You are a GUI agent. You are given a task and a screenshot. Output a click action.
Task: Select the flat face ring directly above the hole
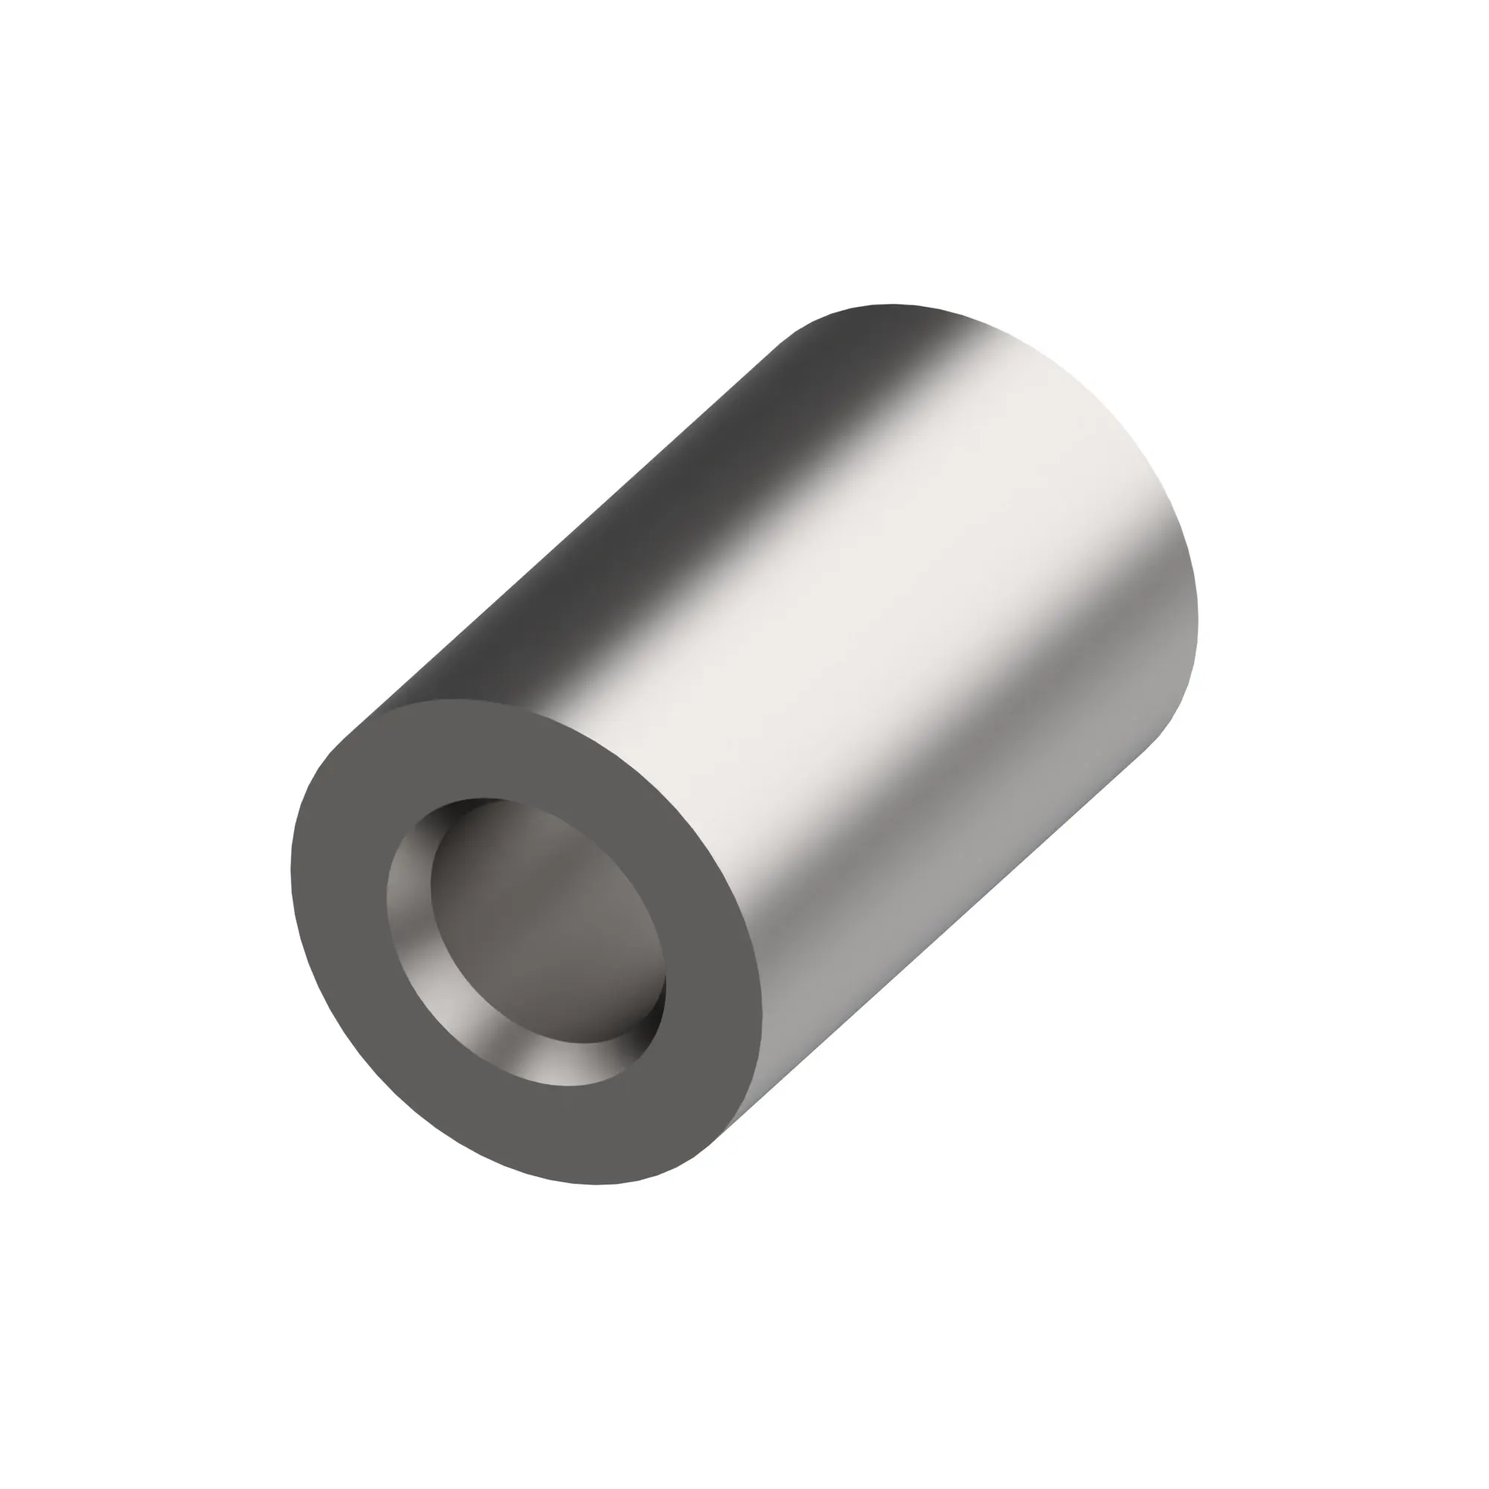click(508, 751)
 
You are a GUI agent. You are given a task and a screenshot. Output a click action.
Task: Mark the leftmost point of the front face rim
click(290, 871)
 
